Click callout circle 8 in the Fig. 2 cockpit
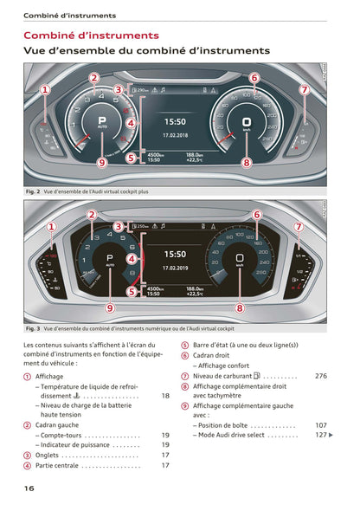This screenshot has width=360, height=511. coord(247,161)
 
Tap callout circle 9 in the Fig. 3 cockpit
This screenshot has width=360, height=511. coord(109,307)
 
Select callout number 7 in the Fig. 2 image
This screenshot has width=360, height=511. coord(304,89)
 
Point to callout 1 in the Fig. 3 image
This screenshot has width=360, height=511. coord(51,229)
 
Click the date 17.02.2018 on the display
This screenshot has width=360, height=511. coord(175,134)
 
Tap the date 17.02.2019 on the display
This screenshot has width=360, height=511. coord(175,267)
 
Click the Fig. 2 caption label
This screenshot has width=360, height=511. coord(34,190)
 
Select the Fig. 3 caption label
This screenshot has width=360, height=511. coord(34,328)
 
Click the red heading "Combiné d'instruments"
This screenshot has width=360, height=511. coord(91,36)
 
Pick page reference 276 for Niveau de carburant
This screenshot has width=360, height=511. coord(321,376)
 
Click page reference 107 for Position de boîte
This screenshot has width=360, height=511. coord(321,425)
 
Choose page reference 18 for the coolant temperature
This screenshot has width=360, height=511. coord(165,396)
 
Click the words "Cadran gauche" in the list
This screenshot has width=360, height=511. coord(58,425)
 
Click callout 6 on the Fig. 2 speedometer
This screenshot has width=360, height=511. coord(254,78)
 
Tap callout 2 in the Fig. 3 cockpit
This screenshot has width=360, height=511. coord(91,214)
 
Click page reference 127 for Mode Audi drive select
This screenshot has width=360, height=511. coord(321,435)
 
